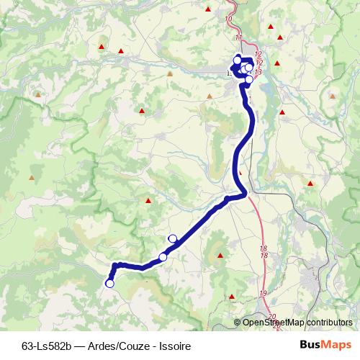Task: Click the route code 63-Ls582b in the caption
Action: pyautogui.click(x=45, y=346)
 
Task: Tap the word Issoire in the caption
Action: pyautogui.click(x=174, y=346)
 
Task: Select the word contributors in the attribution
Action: pyautogui.click(x=330, y=323)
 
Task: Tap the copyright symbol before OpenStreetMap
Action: pyautogui.click(x=238, y=323)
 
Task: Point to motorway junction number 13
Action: pyautogui.click(x=258, y=72)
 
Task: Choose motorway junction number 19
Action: pyautogui.click(x=264, y=294)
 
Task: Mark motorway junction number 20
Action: pyautogui.click(x=271, y=317)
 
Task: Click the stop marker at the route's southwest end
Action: pyautogui.click(x=109, y=284)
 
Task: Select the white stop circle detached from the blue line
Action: pyautogui.click(x=172, y=238)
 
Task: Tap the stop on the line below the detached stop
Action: pyautogui.click(x=163, y=257)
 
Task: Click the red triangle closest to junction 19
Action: pyautogui.click(x=232, y=296)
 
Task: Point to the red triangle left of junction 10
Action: pyautogui.click(x=208, y=9)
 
